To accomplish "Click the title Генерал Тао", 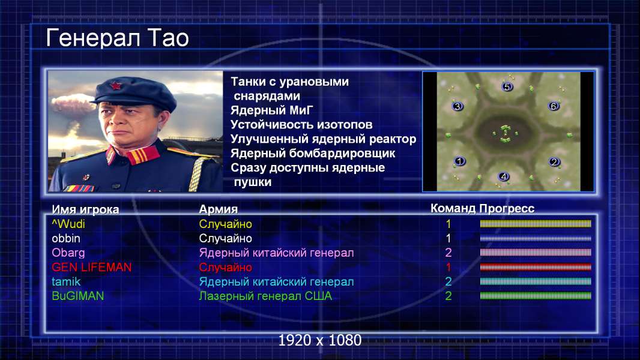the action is [x=117, y=38].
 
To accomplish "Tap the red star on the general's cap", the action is [x=115, y=85].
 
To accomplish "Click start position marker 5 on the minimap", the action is [x=507, y=86].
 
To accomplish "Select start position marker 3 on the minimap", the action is [x=457, y=106].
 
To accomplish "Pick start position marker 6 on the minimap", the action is [x=554, y=106].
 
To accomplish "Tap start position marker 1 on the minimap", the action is [x=460, y=161].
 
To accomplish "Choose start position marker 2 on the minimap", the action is [x=554, y=162].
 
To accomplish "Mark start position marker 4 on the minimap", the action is [x=504, y=176].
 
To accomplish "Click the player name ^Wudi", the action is [x=68, y=224].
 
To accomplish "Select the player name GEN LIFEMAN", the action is [x=91, y=267].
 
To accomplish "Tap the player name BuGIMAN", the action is [x=77, y=296].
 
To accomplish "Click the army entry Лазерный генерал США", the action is [x=265, y=296].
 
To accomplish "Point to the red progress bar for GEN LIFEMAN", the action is [x=536, y=267].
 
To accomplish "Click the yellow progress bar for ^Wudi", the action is [x=536, y=223].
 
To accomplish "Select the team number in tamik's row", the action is [x=448, y=281].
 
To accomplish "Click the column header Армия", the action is [x=218, y=209].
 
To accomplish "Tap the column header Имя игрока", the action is [x=85, y=209].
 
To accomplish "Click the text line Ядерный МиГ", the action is [x=272, y=110].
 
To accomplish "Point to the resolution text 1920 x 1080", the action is [x=319, y=340].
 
